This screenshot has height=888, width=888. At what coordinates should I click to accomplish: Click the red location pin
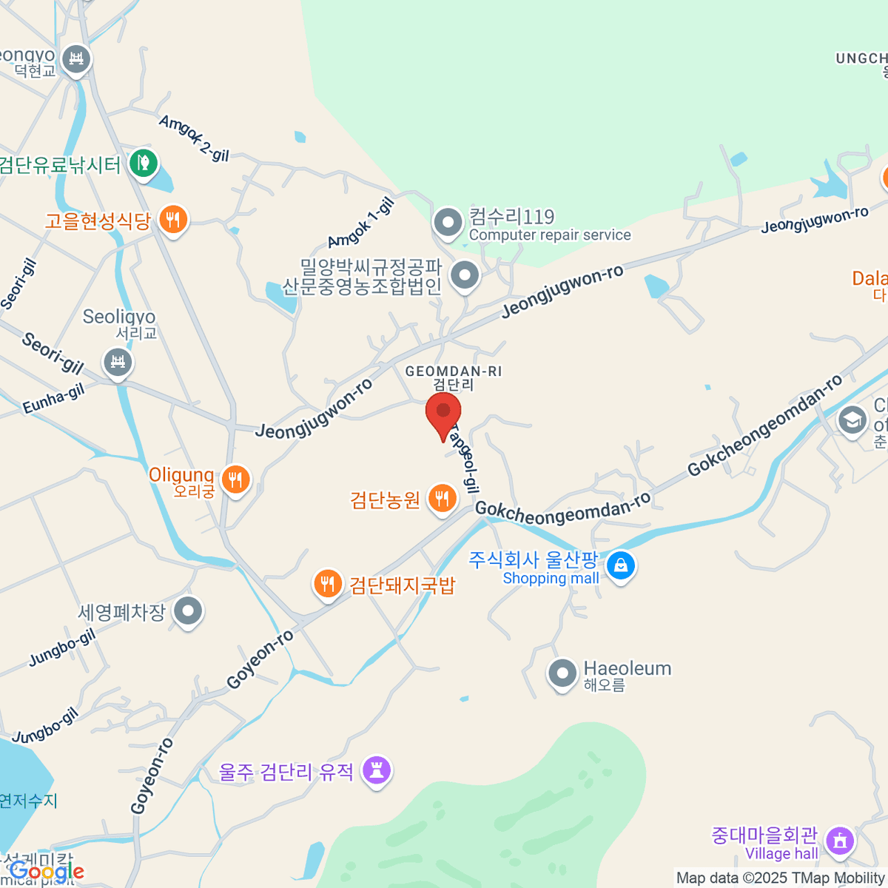(x=443, y=413)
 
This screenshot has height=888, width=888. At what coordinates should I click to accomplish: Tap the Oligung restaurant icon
(x=236, y=480)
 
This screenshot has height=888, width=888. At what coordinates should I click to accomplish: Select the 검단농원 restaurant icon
(x=443, y=498)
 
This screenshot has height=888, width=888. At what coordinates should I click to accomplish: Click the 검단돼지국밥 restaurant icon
(x=327, y=583)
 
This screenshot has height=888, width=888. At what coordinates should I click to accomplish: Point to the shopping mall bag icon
(x=620, y=566)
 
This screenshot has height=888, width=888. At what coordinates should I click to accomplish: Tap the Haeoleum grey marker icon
(x=562, y=673)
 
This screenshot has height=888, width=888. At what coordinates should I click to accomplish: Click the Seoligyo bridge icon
(x=118, y=362)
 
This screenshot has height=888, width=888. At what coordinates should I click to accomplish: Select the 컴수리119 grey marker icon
(x=448, y=221)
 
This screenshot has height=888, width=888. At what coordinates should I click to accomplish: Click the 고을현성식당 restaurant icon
(x=172, y=219)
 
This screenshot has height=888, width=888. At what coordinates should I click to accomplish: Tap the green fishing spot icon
(x=143, y=162)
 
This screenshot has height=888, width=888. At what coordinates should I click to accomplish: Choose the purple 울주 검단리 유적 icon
(x=377, y=770)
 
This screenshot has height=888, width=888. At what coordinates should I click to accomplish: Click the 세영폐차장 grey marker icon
(x=188, y=611)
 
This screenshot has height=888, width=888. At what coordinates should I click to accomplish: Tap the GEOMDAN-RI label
(x=454, y=371)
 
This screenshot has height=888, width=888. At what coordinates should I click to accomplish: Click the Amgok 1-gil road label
(x=361, y=223)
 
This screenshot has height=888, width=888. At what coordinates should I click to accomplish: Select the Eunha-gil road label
(x=53, y=400)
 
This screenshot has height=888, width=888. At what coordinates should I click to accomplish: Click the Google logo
(x=47, y=872)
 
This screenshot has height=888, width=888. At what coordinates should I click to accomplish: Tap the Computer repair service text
(x=550, y=235)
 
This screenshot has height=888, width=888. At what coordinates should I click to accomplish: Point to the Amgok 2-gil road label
(x=194, y=138)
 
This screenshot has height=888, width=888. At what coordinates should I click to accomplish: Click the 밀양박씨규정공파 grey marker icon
(x=465, y=275)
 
